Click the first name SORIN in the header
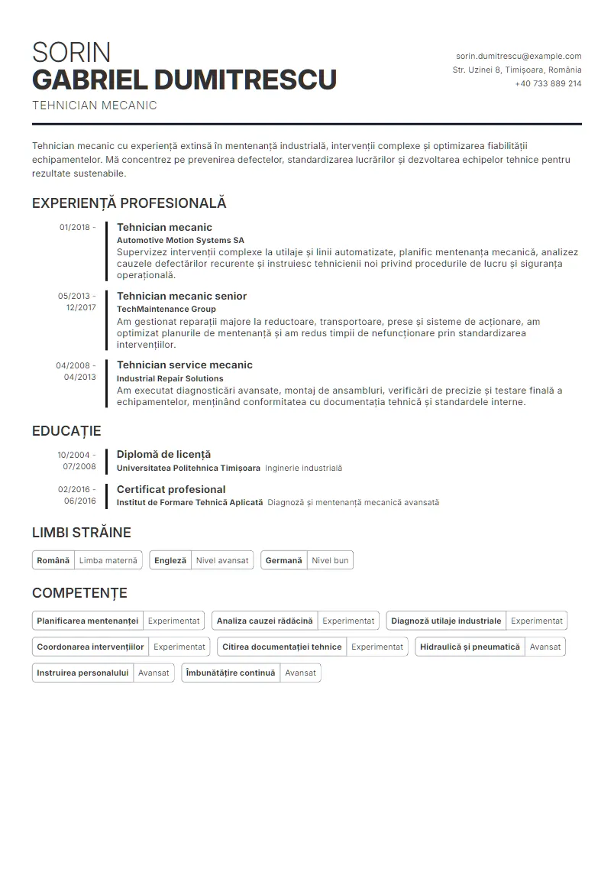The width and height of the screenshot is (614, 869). (x=71, y=53)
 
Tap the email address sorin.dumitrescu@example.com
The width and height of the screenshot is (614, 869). (x=519, y=56)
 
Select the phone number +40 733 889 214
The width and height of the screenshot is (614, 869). (x=548, y=83)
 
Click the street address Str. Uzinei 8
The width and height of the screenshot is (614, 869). (x=477, y=70)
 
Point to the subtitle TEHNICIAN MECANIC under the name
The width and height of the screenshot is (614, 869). (x=94, y=105)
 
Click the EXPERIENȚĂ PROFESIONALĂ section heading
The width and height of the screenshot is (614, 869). (x=129, y=203)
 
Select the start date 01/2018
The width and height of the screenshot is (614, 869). (x=74, y=227)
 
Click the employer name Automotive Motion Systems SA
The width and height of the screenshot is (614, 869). (x=180, y=240)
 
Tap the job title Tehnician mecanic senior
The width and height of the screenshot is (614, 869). (x=181, y=296)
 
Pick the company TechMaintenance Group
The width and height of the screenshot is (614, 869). (x=166, y=309)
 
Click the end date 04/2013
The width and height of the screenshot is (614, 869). (x=79, y=377)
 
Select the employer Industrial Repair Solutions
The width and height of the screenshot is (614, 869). (x=170, y=378)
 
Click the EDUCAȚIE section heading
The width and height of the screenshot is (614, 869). (x=66, y=431)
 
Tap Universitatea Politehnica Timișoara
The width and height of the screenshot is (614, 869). (x=188, y=468)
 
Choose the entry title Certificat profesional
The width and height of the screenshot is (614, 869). (x=171, y=489)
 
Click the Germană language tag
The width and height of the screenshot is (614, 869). (x=284, y=560)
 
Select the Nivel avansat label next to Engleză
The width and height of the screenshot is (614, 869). (x=222, y=560)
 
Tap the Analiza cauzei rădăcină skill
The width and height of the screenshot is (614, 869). (x=264, y=621)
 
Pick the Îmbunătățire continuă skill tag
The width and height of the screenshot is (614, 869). (x=231, y=673)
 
